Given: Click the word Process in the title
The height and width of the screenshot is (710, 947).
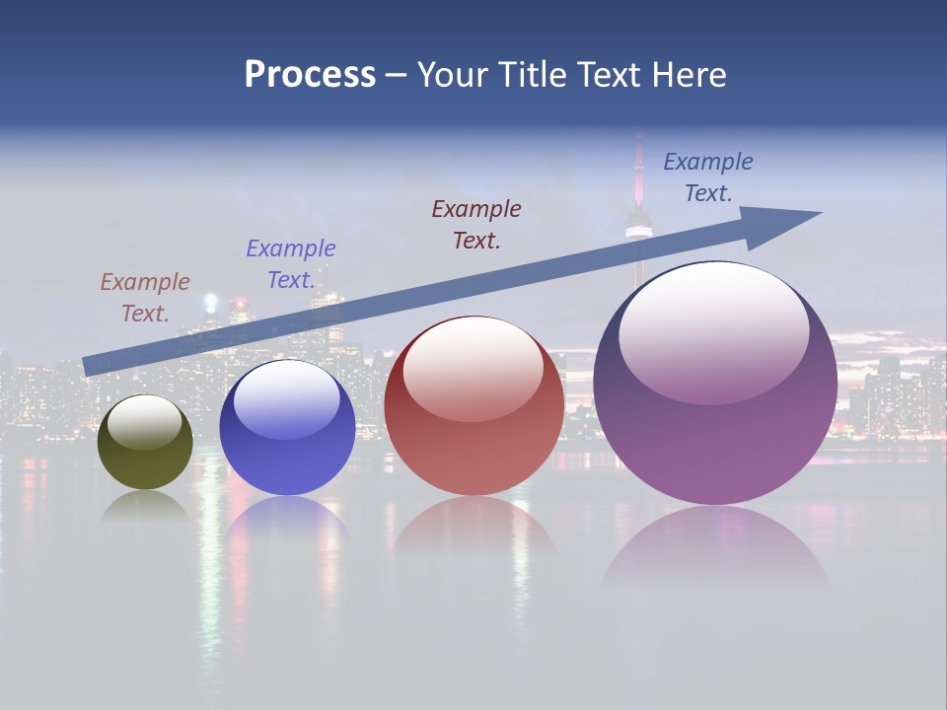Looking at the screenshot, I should coord(310,75).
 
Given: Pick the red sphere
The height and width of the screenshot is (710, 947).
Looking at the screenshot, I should coord(473,434).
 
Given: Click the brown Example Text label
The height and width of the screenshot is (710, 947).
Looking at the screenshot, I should coord(145,297).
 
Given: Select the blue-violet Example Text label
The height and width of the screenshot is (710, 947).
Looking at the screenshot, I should coord(291,263).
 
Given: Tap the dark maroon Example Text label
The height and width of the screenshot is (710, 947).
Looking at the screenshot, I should coord(476,224).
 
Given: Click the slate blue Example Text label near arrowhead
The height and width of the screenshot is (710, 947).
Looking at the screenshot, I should coord(708,177).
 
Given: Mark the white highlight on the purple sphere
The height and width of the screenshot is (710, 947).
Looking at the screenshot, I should coord(713,330).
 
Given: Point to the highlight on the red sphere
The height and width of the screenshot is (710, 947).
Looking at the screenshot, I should coord(473,368).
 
